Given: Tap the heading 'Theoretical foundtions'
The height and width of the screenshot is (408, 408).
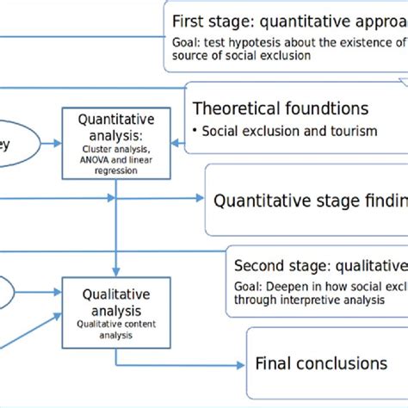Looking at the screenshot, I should (x=268, y=108).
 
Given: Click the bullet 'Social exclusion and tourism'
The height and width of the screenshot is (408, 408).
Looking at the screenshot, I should (x=274, y=132).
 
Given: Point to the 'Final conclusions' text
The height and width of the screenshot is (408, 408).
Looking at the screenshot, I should (x=320, y=362).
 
